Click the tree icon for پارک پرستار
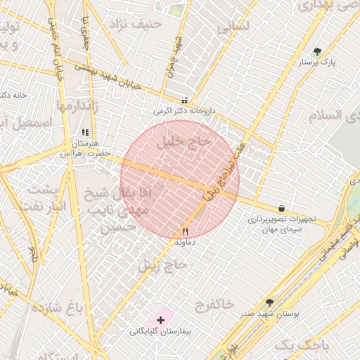coord(318,51)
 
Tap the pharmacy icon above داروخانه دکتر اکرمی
coord(185,101)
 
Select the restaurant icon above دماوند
coord(186,231)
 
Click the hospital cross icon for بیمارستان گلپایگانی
coord(161,320)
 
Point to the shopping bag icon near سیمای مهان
coord(282,208)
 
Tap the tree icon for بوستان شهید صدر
coord(269,303)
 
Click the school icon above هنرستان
coord(86,132)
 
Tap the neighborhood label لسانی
coord(233,27)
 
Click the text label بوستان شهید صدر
coord(275,314)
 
